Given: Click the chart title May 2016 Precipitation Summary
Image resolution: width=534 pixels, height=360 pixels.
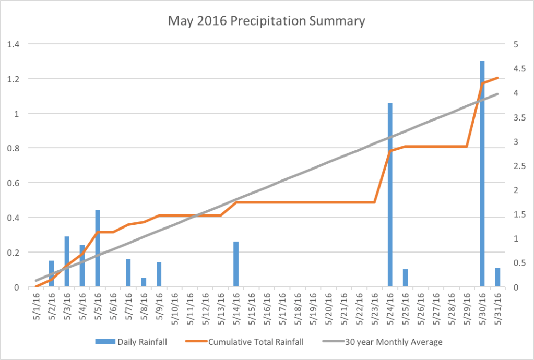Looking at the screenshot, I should (x=266, y=21).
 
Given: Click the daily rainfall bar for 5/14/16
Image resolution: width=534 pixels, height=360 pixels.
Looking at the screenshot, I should (x=236, y=264).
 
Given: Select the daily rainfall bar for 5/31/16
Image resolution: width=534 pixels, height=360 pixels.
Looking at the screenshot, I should (x=497, y=277).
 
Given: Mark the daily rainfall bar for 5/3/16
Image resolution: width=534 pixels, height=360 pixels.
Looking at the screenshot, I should (x=67, y=261).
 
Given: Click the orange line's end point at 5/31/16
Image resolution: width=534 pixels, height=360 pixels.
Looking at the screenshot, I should (x=498, y=78).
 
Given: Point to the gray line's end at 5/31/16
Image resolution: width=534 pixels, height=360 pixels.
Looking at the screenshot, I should (x=498, y=94).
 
